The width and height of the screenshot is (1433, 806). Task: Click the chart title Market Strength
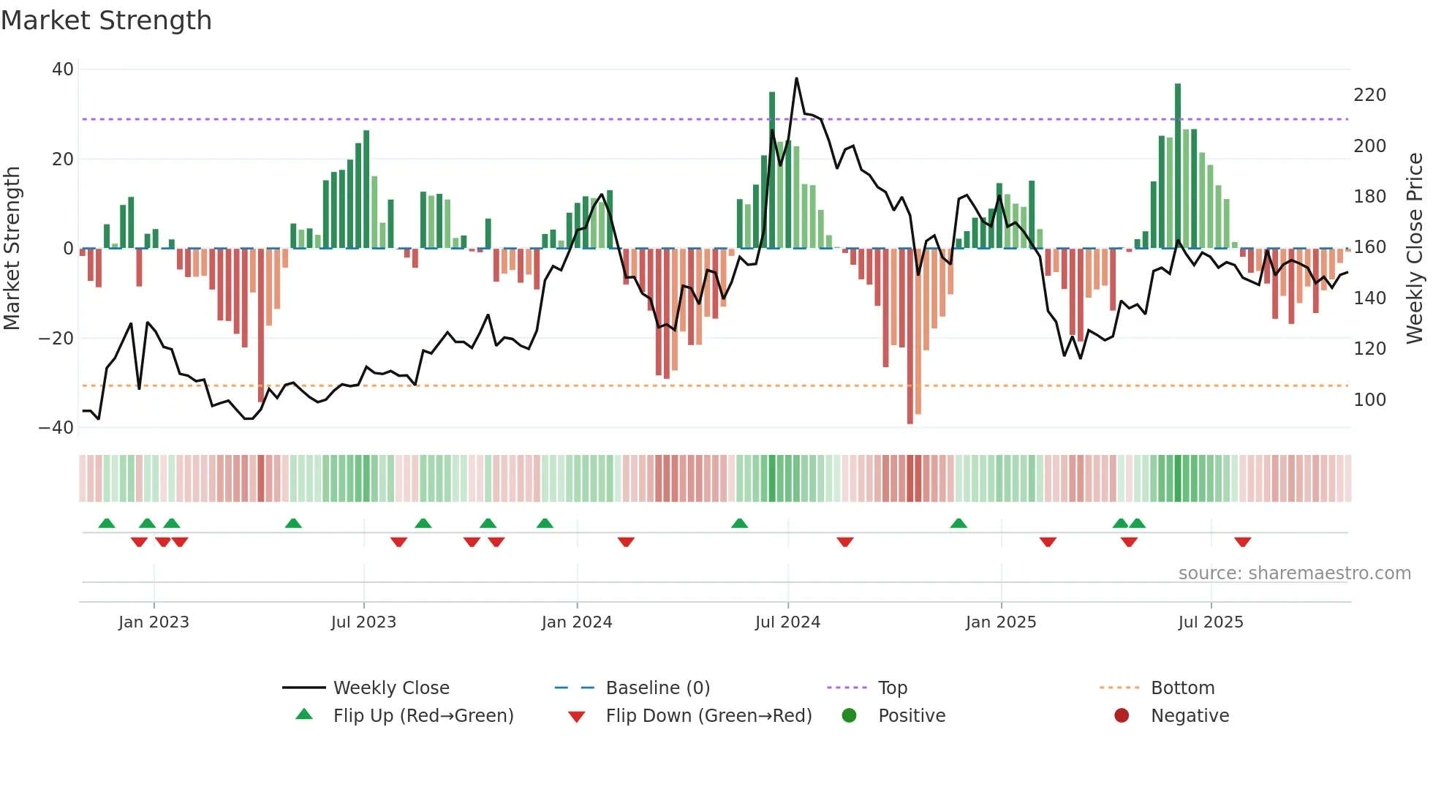[x=106, y=20]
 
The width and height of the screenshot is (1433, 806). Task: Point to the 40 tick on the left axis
[x=63, y=69]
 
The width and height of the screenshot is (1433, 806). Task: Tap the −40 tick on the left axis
[x=56, y=428]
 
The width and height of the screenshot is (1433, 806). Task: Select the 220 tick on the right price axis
[x=1369, y=95]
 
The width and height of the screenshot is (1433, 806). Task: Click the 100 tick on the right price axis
[x=1369, y=400]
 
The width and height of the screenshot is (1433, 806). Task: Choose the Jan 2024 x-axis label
[x=576, y=622]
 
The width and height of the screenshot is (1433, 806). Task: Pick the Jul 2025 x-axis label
[x=1210, y=622]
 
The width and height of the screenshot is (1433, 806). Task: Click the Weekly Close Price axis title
[x=1415, y=249]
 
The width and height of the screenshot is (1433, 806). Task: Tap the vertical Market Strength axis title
[x=12, y=249]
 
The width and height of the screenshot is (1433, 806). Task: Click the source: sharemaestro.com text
[x=1294, y=573]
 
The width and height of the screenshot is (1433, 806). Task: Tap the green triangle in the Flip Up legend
[x=304, y=715]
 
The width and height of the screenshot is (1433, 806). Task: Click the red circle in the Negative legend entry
[x=1122, y=715]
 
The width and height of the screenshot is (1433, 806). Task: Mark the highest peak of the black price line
[x=796, y=79]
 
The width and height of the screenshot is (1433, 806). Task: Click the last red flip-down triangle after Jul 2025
[x=1242, y=542]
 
